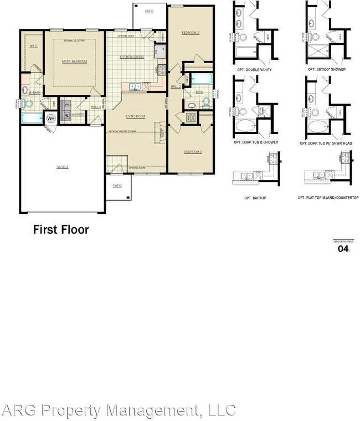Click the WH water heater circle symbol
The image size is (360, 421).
51,118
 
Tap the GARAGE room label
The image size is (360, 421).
62,167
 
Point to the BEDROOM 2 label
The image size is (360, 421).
190,33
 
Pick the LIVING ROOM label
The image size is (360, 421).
136,116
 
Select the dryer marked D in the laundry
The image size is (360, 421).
67,104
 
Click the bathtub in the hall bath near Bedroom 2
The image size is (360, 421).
197,79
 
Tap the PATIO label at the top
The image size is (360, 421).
148,11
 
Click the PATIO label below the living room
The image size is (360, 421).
117,186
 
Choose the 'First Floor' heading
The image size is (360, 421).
61,229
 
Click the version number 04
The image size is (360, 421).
343,249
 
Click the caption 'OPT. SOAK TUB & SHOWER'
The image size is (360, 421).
255,142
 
